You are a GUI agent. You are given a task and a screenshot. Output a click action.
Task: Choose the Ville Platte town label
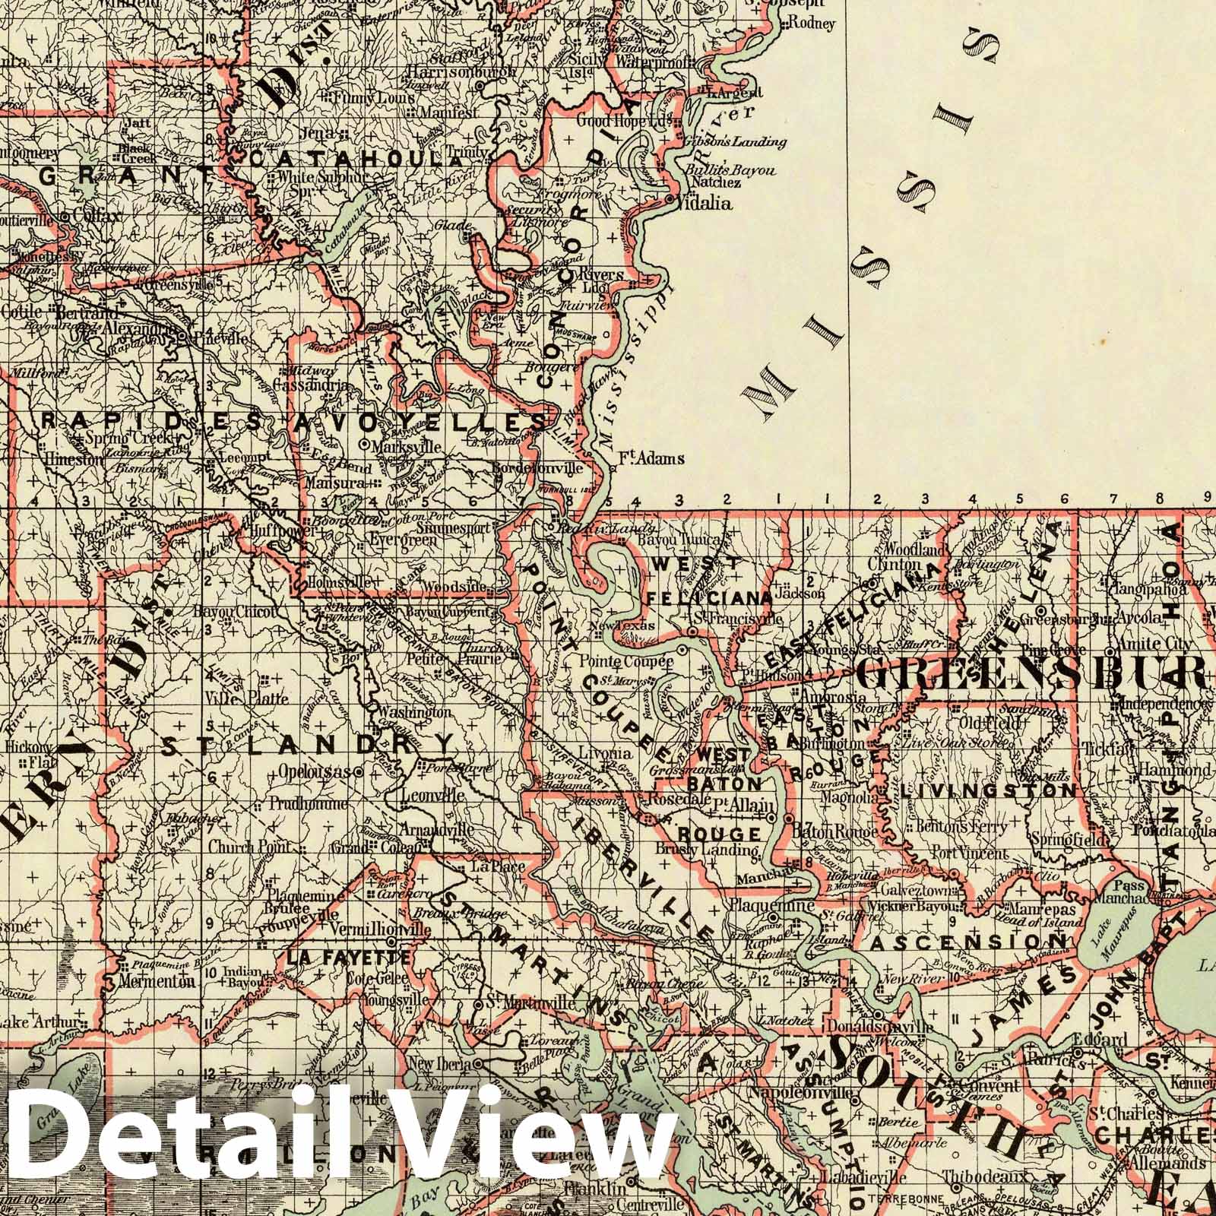pyautogui.click(x=233, y=695)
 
